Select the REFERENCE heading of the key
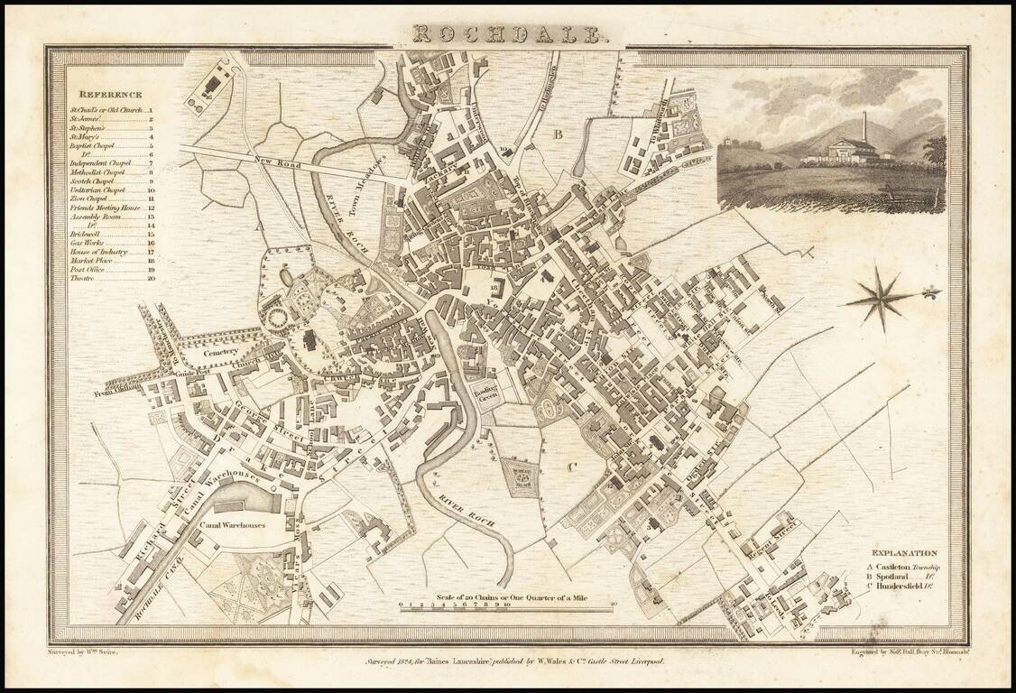click(109, 95)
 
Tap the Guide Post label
click(192, 372)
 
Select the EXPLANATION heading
click(903, 553)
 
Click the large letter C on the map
click(570, 467)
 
